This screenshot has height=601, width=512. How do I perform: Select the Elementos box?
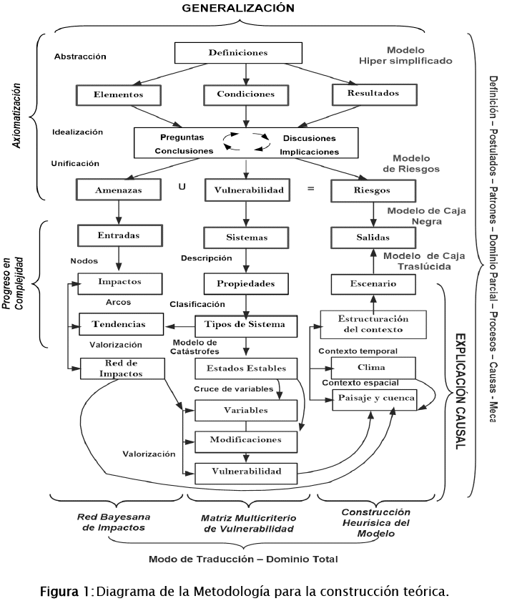point(119,94)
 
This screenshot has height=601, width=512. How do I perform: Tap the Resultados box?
point(373,93)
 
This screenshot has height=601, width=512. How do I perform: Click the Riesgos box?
point(373,190)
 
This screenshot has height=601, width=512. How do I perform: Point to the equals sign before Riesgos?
point(310,189)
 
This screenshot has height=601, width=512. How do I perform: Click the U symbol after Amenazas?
point(182,188)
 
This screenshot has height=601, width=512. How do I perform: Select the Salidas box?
point(372,236)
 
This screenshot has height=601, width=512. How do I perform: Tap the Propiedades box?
point(247,283)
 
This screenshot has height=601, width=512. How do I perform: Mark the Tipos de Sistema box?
point(245,325)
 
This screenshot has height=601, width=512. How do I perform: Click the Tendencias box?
point(119,324)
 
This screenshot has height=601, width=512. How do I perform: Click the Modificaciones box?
point(246,440)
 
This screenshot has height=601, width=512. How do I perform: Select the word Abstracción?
point(80,56)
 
